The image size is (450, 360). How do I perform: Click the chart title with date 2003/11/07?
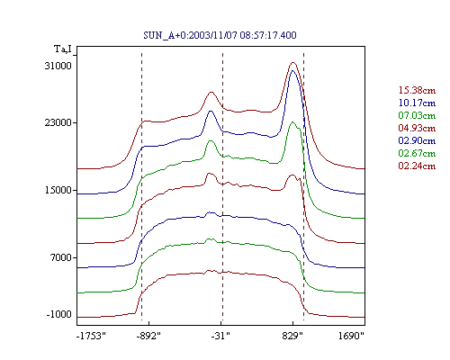(220, 35)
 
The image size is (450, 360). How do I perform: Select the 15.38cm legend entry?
(417, 90)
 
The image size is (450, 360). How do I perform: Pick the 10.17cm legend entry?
(417, 103)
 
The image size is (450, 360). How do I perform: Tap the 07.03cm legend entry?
(417, 115)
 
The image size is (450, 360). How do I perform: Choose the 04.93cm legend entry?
(417, 128)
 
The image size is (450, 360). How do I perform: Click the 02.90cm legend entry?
(417, 140)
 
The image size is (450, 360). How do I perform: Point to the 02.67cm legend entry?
(417, 153)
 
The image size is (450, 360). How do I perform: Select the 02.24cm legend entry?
(417, 166)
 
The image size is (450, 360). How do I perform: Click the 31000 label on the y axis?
(58, 66)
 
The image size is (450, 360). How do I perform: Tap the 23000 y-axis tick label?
(58, 122)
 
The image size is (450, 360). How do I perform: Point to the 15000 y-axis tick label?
(58, 190)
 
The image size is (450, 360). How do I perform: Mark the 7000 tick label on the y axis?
(61, 257)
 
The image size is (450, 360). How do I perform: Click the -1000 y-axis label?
(58, 314)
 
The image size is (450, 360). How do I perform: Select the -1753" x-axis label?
(91, 336)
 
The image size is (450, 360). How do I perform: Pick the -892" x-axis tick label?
(148, 336)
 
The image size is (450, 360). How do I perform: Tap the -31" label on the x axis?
(220, 336)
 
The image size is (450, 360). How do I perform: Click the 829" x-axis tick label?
(292, 336)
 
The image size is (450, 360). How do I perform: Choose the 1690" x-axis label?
(351, 336)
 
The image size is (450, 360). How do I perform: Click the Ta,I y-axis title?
(63, 49)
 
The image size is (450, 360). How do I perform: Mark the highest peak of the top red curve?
(293, 63)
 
